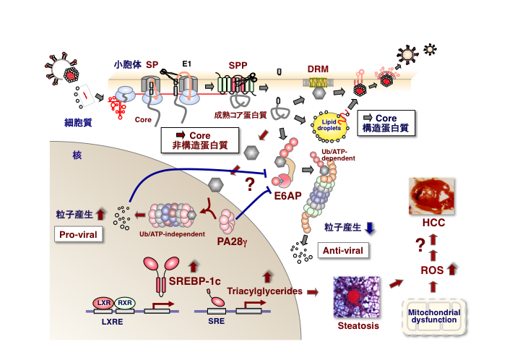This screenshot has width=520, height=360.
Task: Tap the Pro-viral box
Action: [x=78, y=234]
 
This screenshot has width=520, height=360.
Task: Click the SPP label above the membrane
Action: [x=238, y=66]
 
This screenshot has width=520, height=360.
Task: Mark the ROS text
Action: [x=431, y=271]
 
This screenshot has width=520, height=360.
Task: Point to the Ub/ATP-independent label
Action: [x=168, y=233]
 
